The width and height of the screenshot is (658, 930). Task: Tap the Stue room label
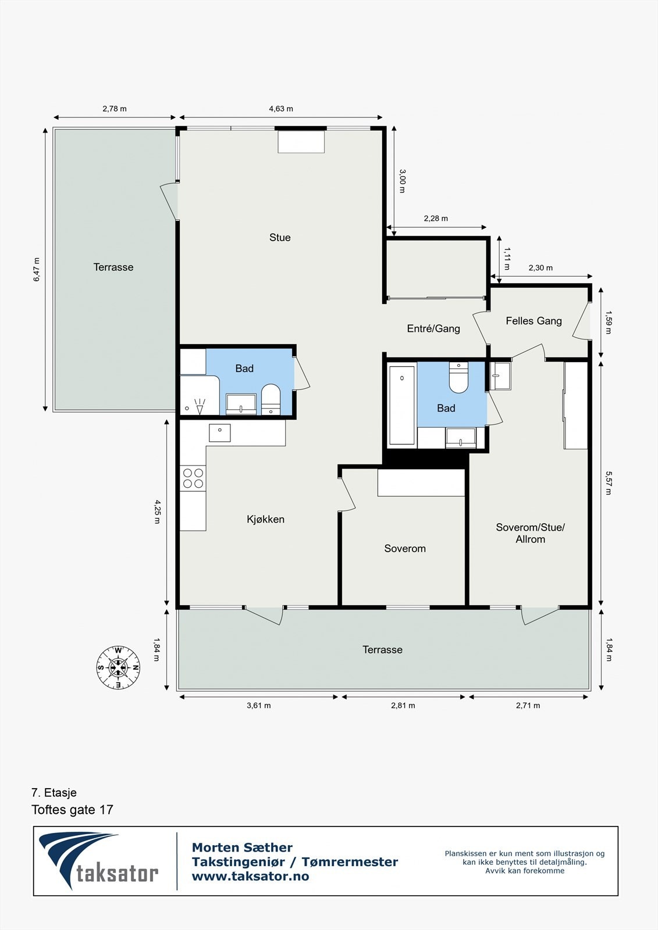[x=280, y=238]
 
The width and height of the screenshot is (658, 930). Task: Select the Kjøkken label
[x=266, y=520]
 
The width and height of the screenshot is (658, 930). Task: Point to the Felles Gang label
[x=533, y=321]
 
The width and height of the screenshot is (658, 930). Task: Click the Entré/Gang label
[x=433, y=329]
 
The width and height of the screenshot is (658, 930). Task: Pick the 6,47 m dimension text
[x=37, y=270]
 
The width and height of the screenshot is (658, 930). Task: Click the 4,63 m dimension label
[x=281, y=109]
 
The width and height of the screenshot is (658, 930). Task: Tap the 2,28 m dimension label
[x=436, y=219]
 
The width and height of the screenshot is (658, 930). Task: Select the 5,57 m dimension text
[x=609, y=483]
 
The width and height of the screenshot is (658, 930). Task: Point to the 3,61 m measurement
[x=258, y=706]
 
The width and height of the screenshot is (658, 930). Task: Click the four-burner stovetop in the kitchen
[x=193, y=478]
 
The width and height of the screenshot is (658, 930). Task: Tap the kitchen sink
[x=219, y=432]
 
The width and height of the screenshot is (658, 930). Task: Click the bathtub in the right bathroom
[x=402, y=405]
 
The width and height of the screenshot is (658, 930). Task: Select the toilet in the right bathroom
[x=458, y=377]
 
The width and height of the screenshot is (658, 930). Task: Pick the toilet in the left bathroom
[x=271, y=399]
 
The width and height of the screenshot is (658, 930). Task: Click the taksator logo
[x=98, y=861]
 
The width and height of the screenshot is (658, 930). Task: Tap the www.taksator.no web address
[x=250, y=876]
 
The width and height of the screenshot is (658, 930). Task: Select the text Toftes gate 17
[x=72, y=810]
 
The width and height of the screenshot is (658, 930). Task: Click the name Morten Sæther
[x=242, y=847]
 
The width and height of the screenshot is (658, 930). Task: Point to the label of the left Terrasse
[x=113, y=267]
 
